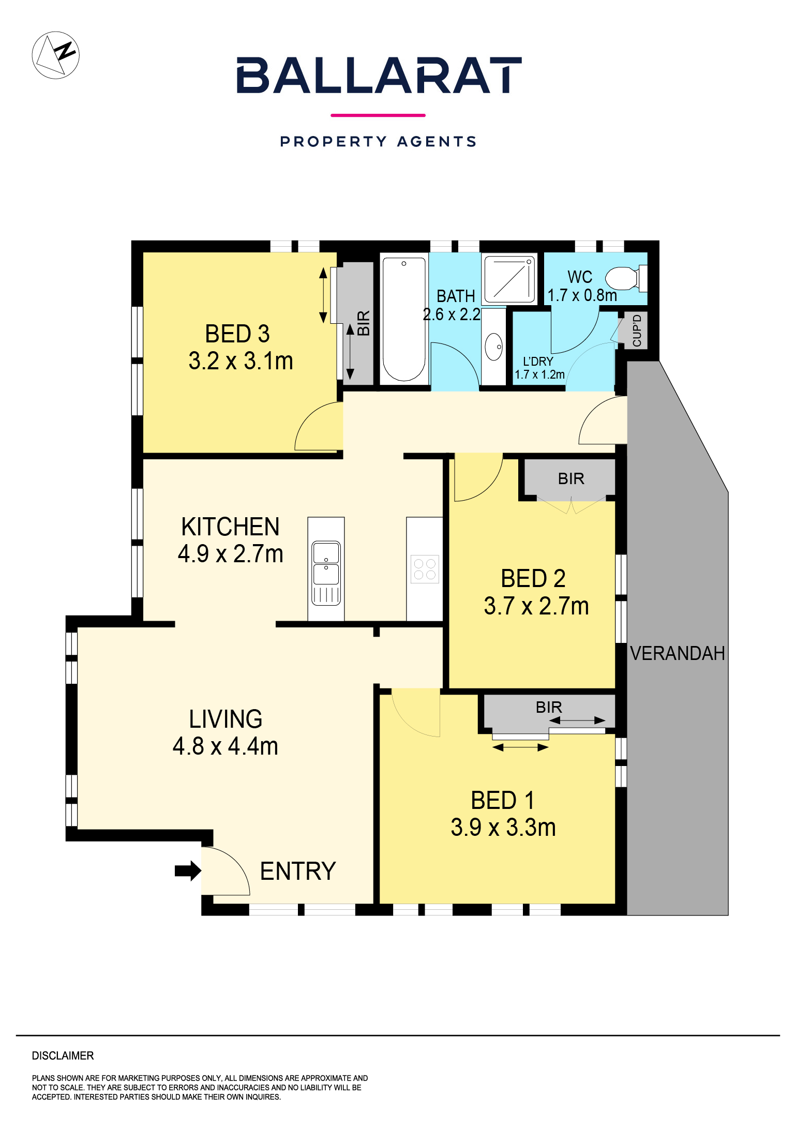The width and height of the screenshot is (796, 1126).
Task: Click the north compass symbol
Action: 56,55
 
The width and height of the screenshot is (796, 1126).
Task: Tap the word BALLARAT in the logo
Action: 379,76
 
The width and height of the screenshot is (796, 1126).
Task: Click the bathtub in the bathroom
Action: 404,319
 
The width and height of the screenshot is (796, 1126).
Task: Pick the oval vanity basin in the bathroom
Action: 494,347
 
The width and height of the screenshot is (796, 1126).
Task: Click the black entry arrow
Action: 188,870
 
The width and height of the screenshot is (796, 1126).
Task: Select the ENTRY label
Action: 298,872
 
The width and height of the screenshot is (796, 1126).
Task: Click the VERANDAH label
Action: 677,653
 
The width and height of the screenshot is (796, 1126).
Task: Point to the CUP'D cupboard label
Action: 637,331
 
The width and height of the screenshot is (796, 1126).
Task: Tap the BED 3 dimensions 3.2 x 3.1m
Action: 241,361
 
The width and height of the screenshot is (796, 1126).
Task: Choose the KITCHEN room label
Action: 230,527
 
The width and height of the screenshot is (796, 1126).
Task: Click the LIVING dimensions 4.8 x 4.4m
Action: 226,746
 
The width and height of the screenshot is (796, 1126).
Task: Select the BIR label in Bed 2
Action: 571,479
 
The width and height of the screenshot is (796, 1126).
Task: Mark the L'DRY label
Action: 538,361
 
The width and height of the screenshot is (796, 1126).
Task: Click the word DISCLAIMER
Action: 63,1056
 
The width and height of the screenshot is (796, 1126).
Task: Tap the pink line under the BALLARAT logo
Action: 378,115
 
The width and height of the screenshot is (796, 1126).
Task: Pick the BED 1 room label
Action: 503,801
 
